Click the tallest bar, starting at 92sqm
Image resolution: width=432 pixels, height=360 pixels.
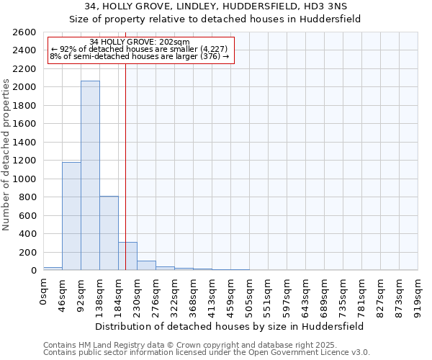tap(90, 176)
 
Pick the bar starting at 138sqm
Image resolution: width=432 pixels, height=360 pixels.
tap(109, 233)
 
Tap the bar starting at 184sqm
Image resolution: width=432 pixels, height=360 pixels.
tap(127, 256)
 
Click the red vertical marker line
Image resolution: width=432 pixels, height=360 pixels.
tap(125, 158)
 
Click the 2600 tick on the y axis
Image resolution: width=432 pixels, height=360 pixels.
tap(24, 32)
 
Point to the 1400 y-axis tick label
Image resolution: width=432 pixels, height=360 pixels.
tap(24, 143)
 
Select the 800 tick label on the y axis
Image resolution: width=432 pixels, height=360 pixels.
tap(27, 197)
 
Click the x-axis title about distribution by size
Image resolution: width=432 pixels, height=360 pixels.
tap(229, 326)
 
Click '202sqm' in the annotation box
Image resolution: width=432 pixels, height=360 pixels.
tap(175, 42)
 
